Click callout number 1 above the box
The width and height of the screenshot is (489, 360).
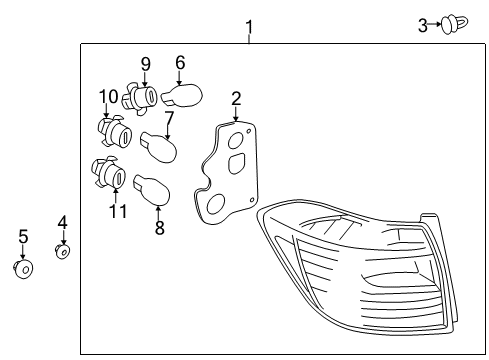click(249, 26)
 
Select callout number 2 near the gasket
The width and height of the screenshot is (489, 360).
click(236, 98)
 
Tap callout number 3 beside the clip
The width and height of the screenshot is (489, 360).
click(423, 24)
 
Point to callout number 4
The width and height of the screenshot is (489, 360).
click(62, 222)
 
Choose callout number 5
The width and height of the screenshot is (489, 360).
click(23, 237)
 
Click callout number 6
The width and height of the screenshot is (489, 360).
click(180, 63)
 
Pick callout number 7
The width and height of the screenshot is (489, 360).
click(168, 118)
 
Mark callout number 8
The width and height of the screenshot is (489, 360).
click(159, 227)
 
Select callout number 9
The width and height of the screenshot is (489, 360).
click(145, 64)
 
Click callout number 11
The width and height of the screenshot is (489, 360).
click(118, 211)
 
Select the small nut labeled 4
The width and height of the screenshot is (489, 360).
click(62, 251)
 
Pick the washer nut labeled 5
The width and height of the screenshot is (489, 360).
click(23, 268)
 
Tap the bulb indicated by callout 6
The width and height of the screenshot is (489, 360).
click(185, 97)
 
